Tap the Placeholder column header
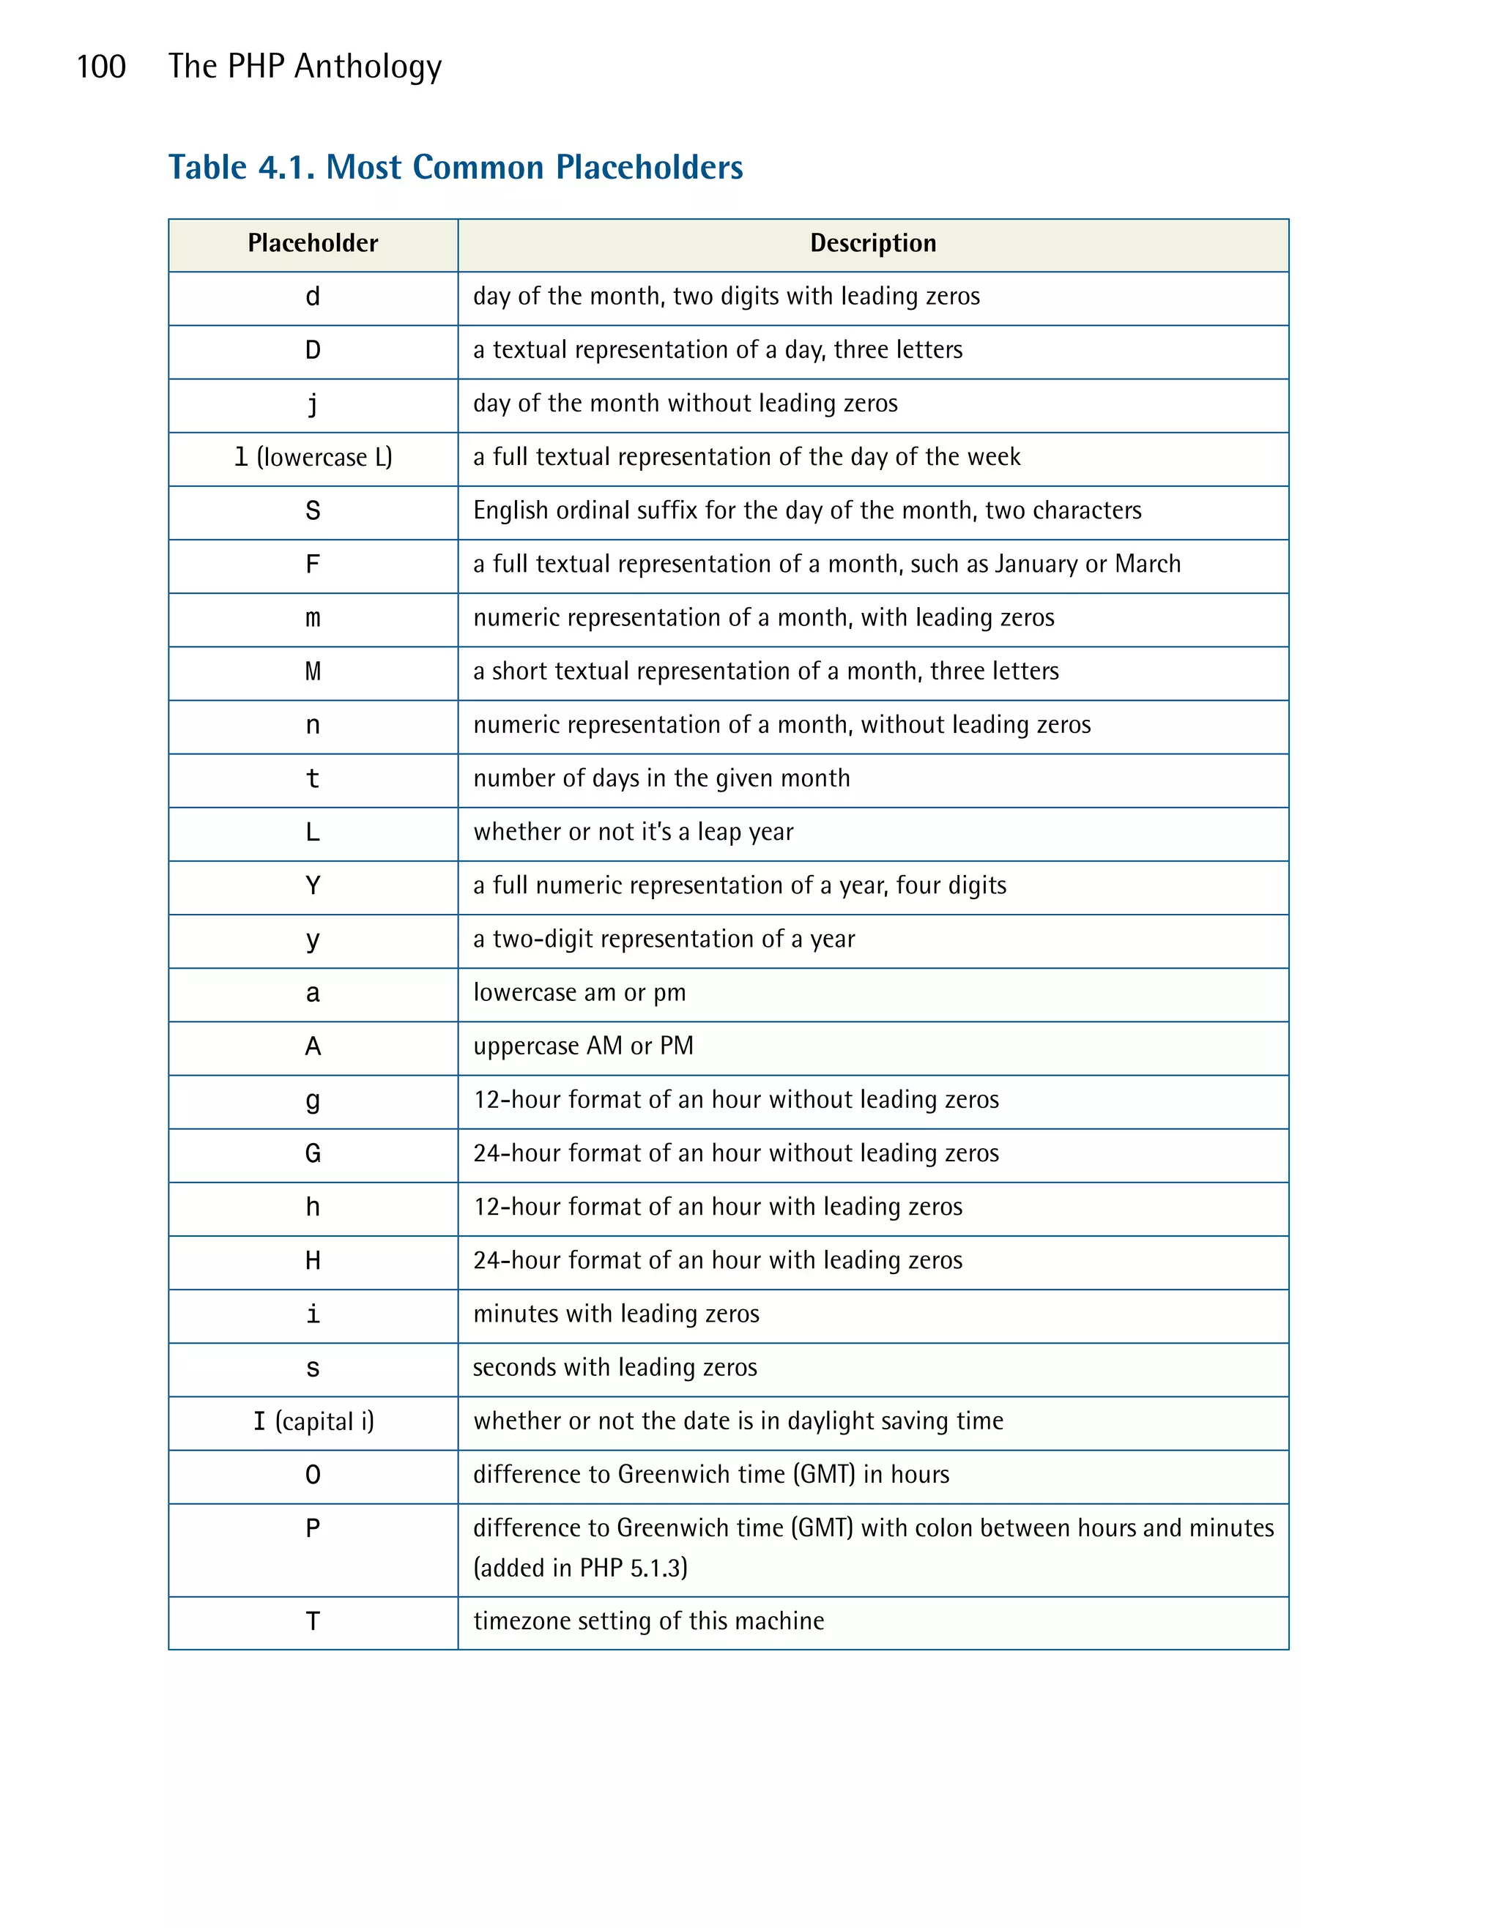point(313,243)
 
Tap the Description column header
point(872,243)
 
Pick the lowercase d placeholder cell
point(313,297)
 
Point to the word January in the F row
point(1036,564)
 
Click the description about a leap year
point(633,832)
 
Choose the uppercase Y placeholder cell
point(313,885)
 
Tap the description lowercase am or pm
point(579,992)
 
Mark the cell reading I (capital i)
point(313,1421)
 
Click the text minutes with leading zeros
point(615,1314)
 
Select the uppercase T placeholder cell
point(313,1622)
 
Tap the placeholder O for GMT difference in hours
point(313,1475)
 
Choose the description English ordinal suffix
point(806,510)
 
